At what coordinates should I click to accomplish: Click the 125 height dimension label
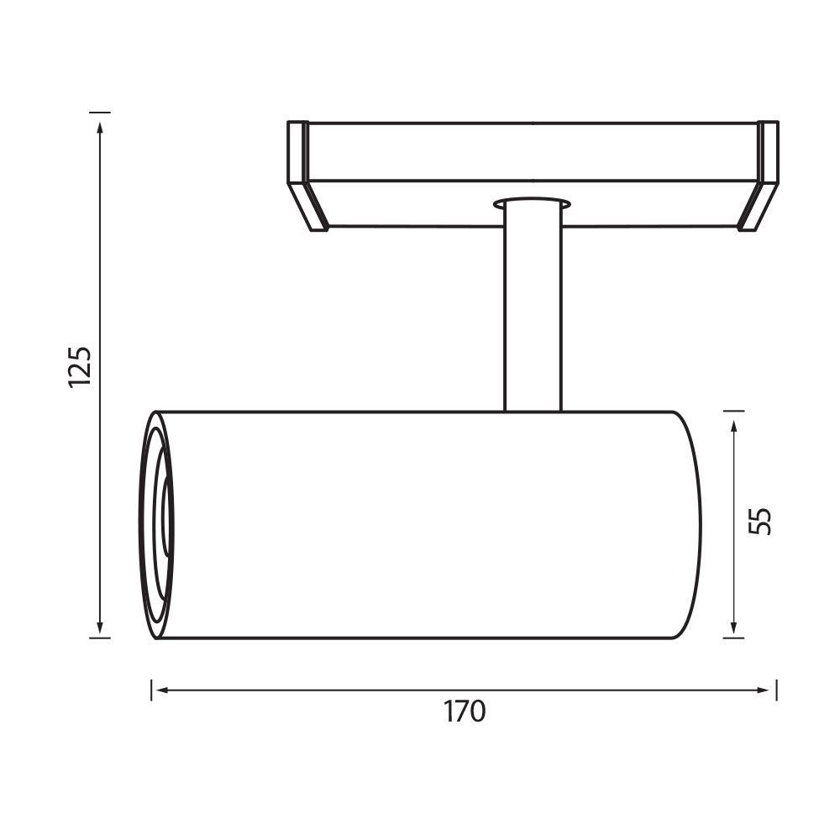click(81, 367)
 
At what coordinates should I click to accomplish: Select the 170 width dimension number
click(465, 711)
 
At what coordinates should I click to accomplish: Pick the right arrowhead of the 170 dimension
click(763, 690)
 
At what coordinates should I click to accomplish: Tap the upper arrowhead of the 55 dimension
click(734, 427)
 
